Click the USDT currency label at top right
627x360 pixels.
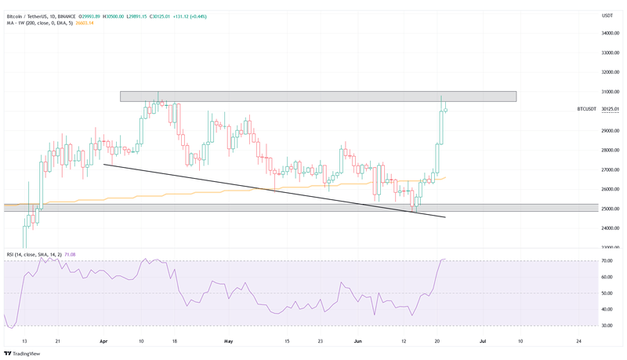click(x=607, y=16)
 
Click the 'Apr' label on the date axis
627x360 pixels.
click(x=103, y=341)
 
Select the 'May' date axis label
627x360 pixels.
click(x=229, y=341)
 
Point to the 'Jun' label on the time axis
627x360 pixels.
click(x=357, y=341)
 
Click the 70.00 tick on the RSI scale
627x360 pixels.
click(x=608, y=260)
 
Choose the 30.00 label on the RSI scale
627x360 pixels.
click(x=608, y=325)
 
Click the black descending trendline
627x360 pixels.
click(x=274, y=191)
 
